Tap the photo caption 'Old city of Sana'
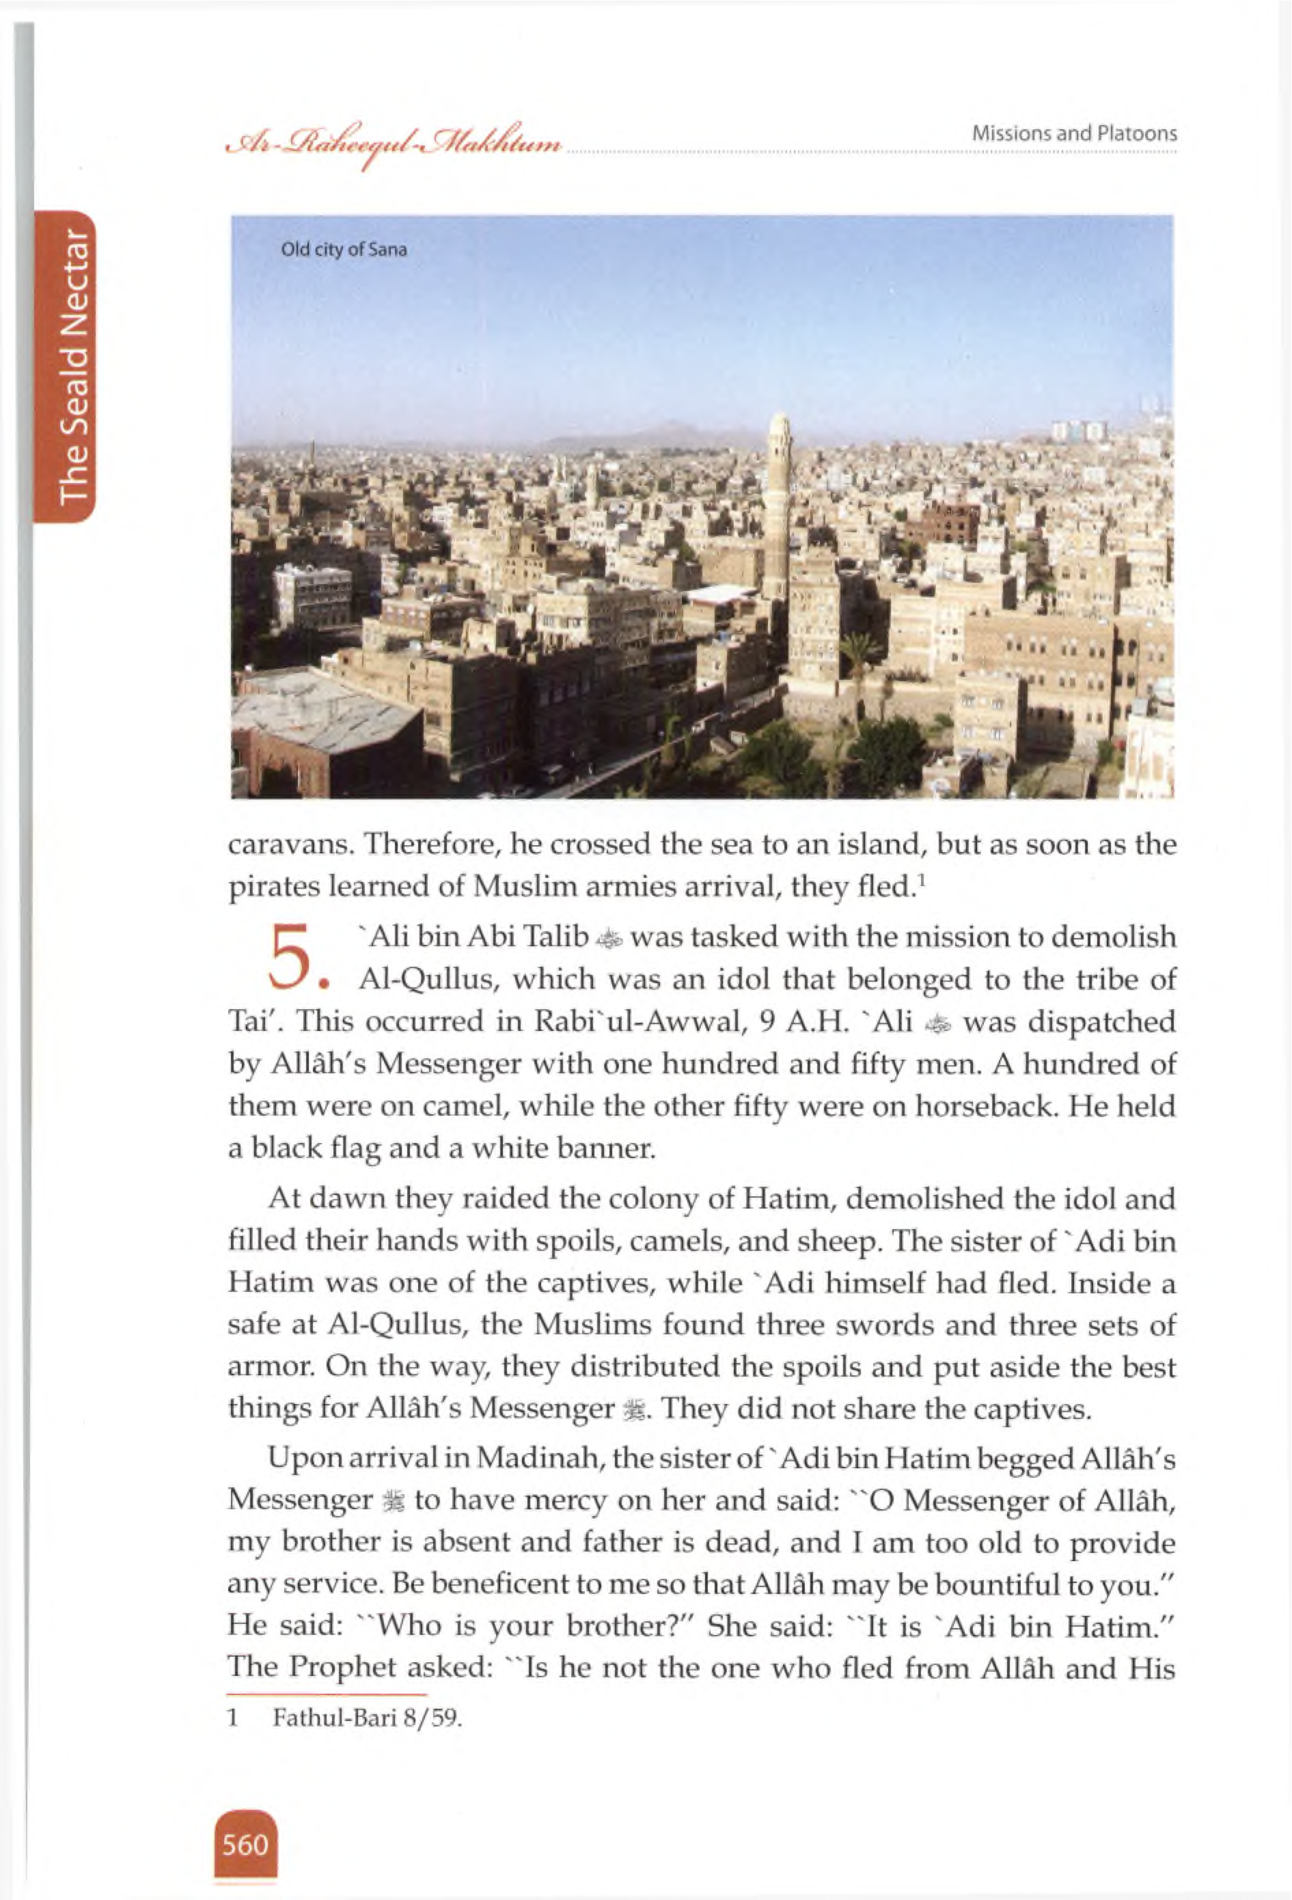click(344, 250)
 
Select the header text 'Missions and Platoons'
click(1073, 134)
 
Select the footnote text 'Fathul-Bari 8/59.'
click(367, 1718)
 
